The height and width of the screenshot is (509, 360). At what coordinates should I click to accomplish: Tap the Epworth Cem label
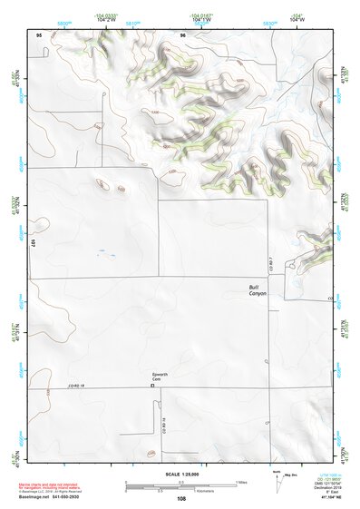tap(163, 376)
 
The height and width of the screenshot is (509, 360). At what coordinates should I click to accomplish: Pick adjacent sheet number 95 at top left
tap(39, 34)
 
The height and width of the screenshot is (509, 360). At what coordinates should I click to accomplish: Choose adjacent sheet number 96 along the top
tap(182, 34)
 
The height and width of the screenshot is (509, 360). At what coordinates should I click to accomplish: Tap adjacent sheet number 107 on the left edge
tap(32, 244)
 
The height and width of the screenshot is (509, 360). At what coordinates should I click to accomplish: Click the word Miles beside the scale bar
tap(241, 481)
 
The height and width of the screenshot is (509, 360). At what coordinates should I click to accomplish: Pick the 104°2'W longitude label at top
tap(104, 19)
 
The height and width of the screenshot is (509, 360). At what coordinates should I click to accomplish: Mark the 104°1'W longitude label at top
tap(201, 19)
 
